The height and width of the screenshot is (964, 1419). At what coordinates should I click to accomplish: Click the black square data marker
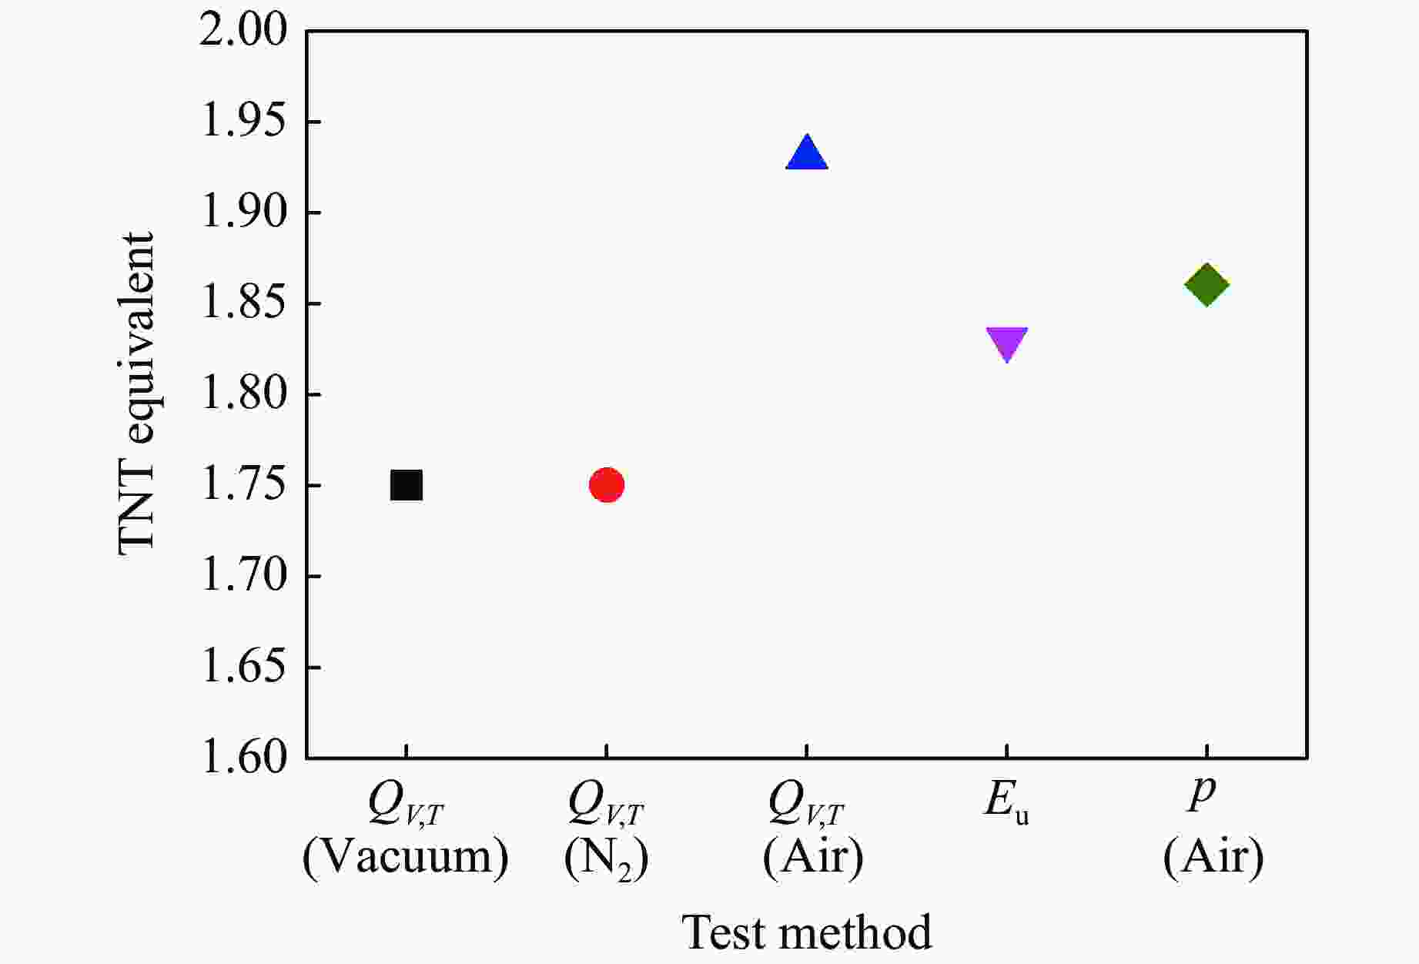pos(407,485)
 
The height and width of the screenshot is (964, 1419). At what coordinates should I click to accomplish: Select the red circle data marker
pos(607,485)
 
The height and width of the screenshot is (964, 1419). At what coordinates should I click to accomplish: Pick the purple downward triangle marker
pos(1007,343)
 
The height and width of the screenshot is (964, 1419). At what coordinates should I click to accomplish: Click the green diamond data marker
pos(1206,284)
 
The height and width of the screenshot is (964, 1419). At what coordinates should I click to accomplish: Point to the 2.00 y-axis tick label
pos(243,32)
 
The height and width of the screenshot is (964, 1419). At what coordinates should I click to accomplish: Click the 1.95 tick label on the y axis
pos(243,122)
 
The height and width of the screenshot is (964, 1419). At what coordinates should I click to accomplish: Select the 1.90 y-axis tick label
pos(243,213)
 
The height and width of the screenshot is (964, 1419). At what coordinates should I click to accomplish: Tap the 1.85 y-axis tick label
pos(243,303)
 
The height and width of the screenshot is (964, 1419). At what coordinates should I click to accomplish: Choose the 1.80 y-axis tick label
pos(243,394)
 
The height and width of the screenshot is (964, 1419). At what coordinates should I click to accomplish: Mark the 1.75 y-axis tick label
pos(243,485)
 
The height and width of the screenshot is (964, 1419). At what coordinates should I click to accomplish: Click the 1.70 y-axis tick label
pos(243,576)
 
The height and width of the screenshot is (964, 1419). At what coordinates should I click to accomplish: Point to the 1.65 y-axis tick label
pos(243,667)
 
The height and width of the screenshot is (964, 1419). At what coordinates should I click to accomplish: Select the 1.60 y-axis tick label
pos(243,758)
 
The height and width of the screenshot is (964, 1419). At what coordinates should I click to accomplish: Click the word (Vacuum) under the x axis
pos(406,856)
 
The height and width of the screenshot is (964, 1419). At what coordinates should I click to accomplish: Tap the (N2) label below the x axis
pos(607,858)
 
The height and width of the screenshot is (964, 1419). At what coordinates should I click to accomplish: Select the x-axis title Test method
pos(807,932)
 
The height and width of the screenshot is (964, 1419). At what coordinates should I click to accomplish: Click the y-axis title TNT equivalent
pos(137,393)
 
